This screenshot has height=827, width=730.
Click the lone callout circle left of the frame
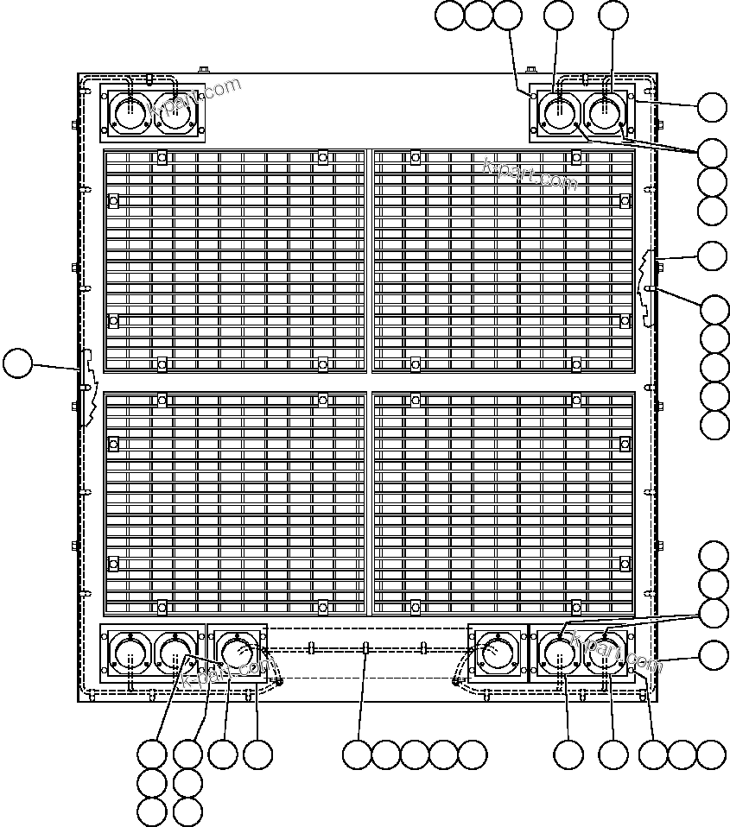point(16,363)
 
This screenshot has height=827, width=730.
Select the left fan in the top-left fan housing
point(129,113)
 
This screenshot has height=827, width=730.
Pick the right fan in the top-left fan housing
point(175,113)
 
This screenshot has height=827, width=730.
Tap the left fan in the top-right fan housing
point(558,113)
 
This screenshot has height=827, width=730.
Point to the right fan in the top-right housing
point(604,113)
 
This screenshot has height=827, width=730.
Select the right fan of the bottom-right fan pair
point(604,653)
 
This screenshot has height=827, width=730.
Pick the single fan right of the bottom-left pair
point(235,653)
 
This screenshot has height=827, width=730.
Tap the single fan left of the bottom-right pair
point(496,653)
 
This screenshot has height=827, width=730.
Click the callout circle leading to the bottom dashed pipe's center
point(356,754)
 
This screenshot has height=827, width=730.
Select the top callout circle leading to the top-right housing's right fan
point(613,15)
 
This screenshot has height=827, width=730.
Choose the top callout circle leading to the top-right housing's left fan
point(559,15)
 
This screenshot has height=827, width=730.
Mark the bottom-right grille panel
point(504,504)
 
